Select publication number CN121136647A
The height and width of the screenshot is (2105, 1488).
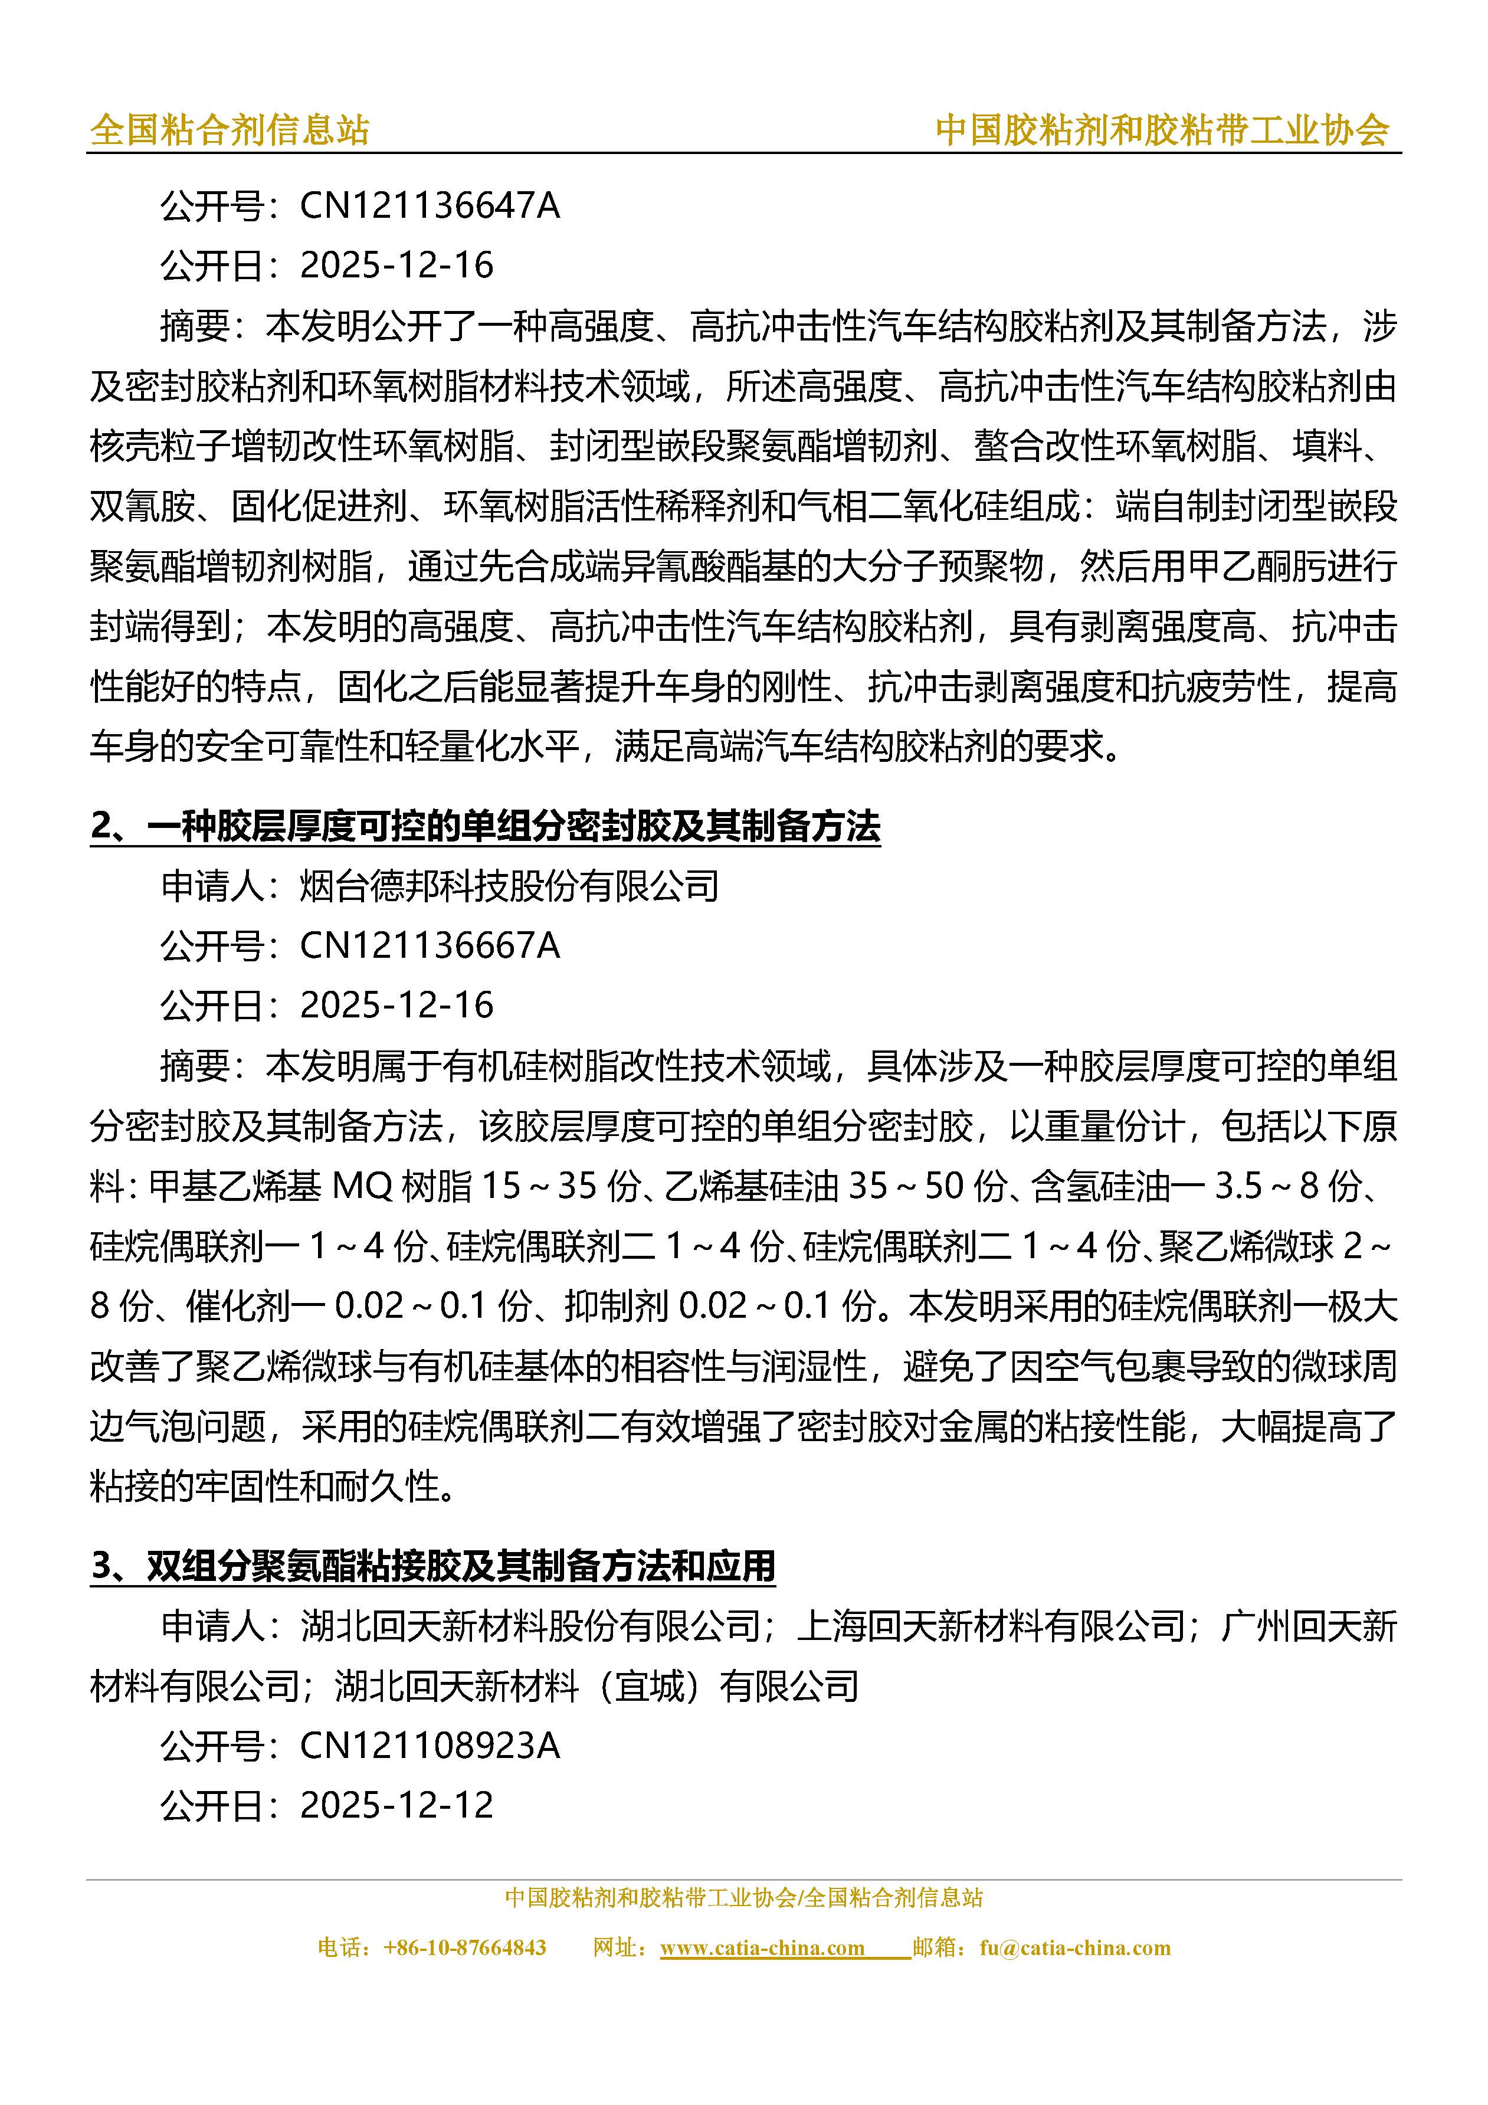pyautogui.click(x=429, y=205)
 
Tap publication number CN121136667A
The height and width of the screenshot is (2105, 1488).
pyautogui.click(x=429, y=945)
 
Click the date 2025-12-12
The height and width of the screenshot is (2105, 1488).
pyautogui.click(x=396, y=1805)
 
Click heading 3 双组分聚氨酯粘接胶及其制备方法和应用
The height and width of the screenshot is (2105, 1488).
pyautogui.click(x=432, y=1566)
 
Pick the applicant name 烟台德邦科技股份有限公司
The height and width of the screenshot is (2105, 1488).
pyautogui.click(x=509, y=886)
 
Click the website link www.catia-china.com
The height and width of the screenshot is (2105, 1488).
pyautogui.click(x=762, y=1947)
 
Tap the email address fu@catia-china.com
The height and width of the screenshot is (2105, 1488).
pyautogui.click(x=1074, y=1947)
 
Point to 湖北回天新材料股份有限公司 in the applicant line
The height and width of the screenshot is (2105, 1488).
pyautogui.click(x=530, y=1626)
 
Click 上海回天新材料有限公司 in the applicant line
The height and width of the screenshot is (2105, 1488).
pyautogui.click(x=992, y=1626)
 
